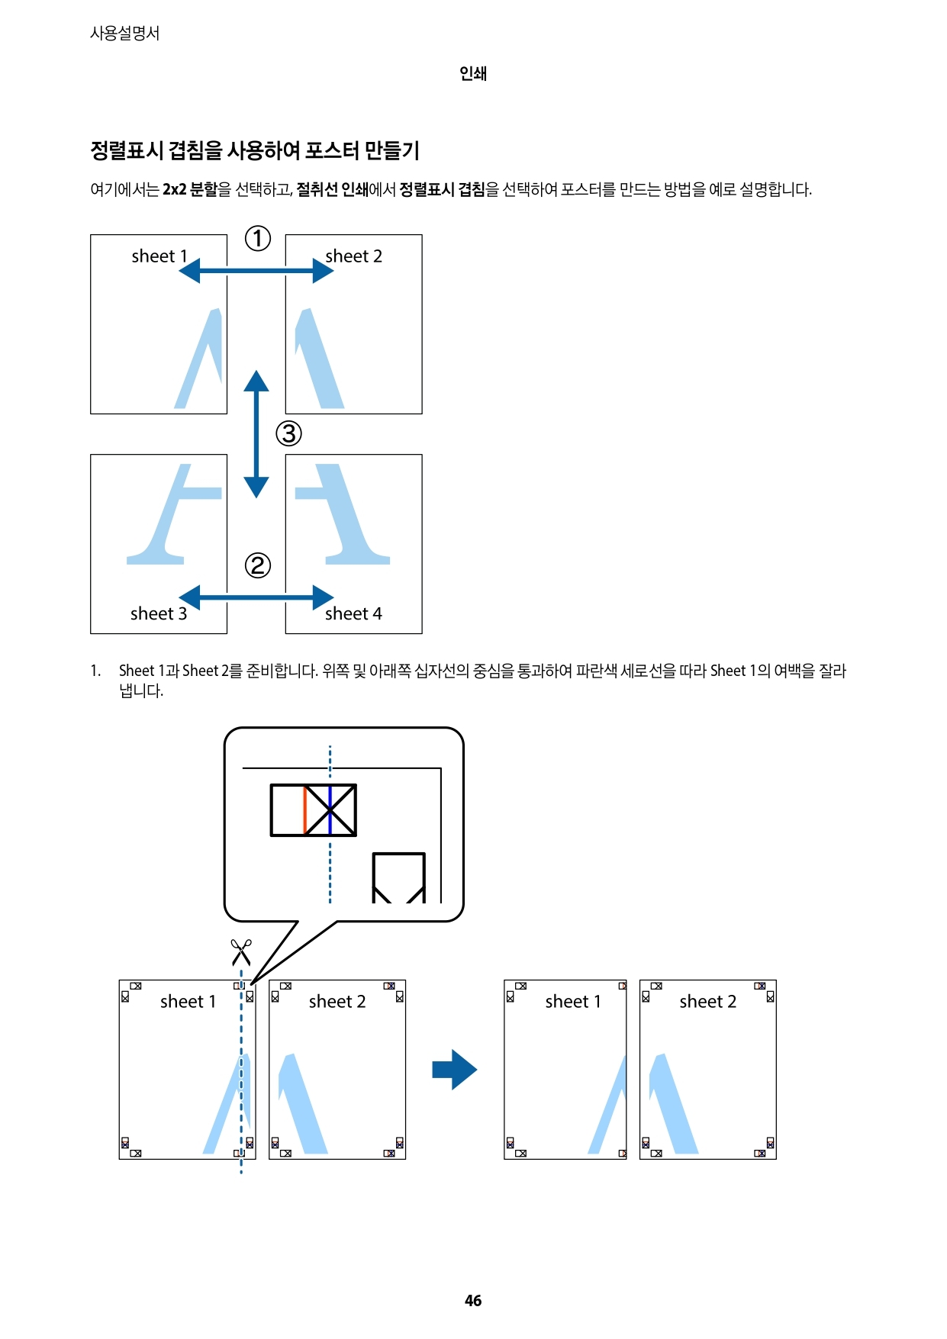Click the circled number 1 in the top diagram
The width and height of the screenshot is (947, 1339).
(x=258, y=238)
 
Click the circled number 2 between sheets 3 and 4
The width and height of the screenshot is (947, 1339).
(x=258, y=565)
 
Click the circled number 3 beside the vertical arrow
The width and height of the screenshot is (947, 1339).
(x=288, y=433)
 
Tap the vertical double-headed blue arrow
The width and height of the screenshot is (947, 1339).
(x=256, y=434)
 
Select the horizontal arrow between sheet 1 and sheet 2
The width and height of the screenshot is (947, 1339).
(x=256, y=270)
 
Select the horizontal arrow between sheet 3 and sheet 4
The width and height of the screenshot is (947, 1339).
(x=256, y=597)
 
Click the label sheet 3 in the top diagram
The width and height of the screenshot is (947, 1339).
(x=159, y=613)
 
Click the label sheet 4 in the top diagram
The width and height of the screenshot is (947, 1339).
(x=353, y=613)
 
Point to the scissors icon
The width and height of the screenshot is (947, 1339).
(x=241, y=952)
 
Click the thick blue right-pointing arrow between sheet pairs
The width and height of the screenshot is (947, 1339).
(x=454, y=1070)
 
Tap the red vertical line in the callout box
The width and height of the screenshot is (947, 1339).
(x=305, y=810)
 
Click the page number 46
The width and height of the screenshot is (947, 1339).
(x=473, y=1301)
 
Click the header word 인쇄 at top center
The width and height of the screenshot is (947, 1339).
(x=473, y=73)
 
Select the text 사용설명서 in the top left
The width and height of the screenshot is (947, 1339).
(x=125, y=33)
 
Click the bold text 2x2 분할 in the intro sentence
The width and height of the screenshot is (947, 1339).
(x=190, y=189)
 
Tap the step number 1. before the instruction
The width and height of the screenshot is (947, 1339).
(x=95, y=671)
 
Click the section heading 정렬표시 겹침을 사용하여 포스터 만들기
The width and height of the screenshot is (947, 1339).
(x=255, y=150)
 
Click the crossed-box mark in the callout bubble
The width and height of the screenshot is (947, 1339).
(x=330, y=810)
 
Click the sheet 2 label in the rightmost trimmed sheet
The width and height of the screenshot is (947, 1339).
(x=707, y=1001)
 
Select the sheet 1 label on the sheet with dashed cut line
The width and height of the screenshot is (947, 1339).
(x=188, y=1001)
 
